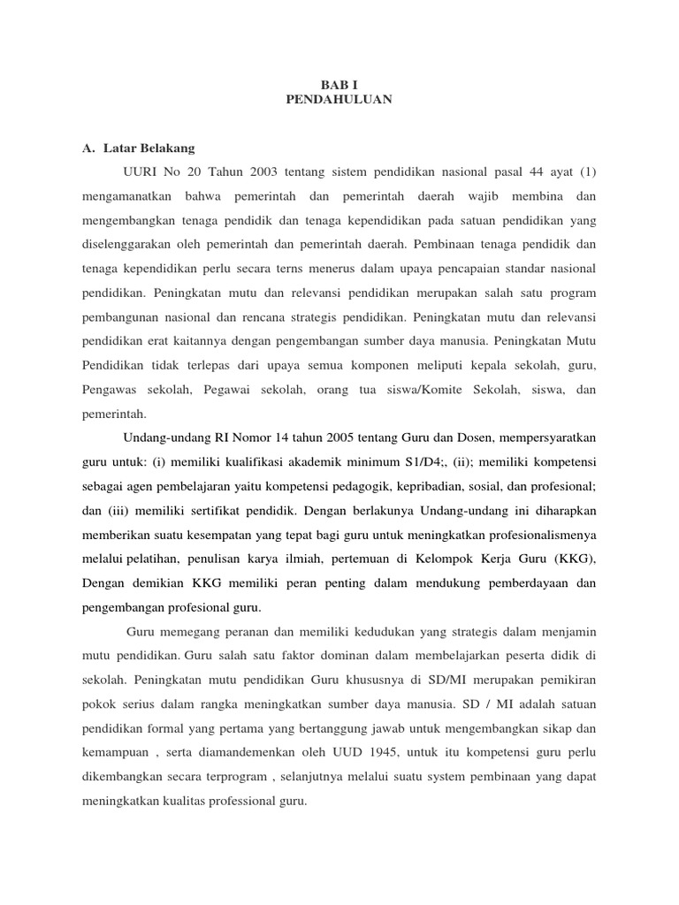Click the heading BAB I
[x=339, y=84]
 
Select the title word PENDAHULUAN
[x=339, y=100]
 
